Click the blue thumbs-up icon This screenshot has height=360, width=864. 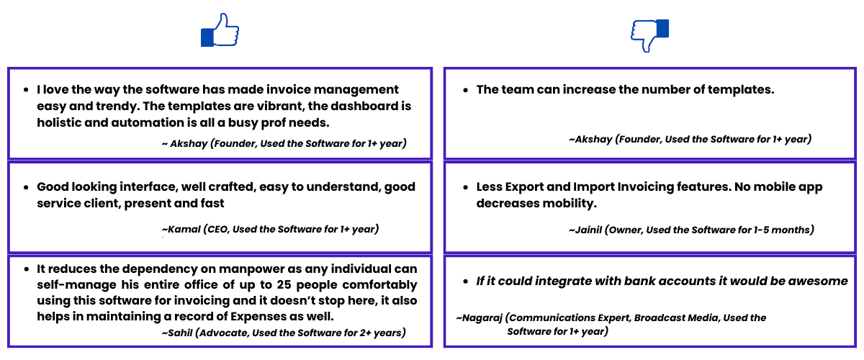click(220, 30)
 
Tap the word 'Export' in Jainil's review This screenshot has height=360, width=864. click(531, 186)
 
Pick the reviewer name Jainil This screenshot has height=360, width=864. click(585, 230)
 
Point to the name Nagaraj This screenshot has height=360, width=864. click(482, 318)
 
